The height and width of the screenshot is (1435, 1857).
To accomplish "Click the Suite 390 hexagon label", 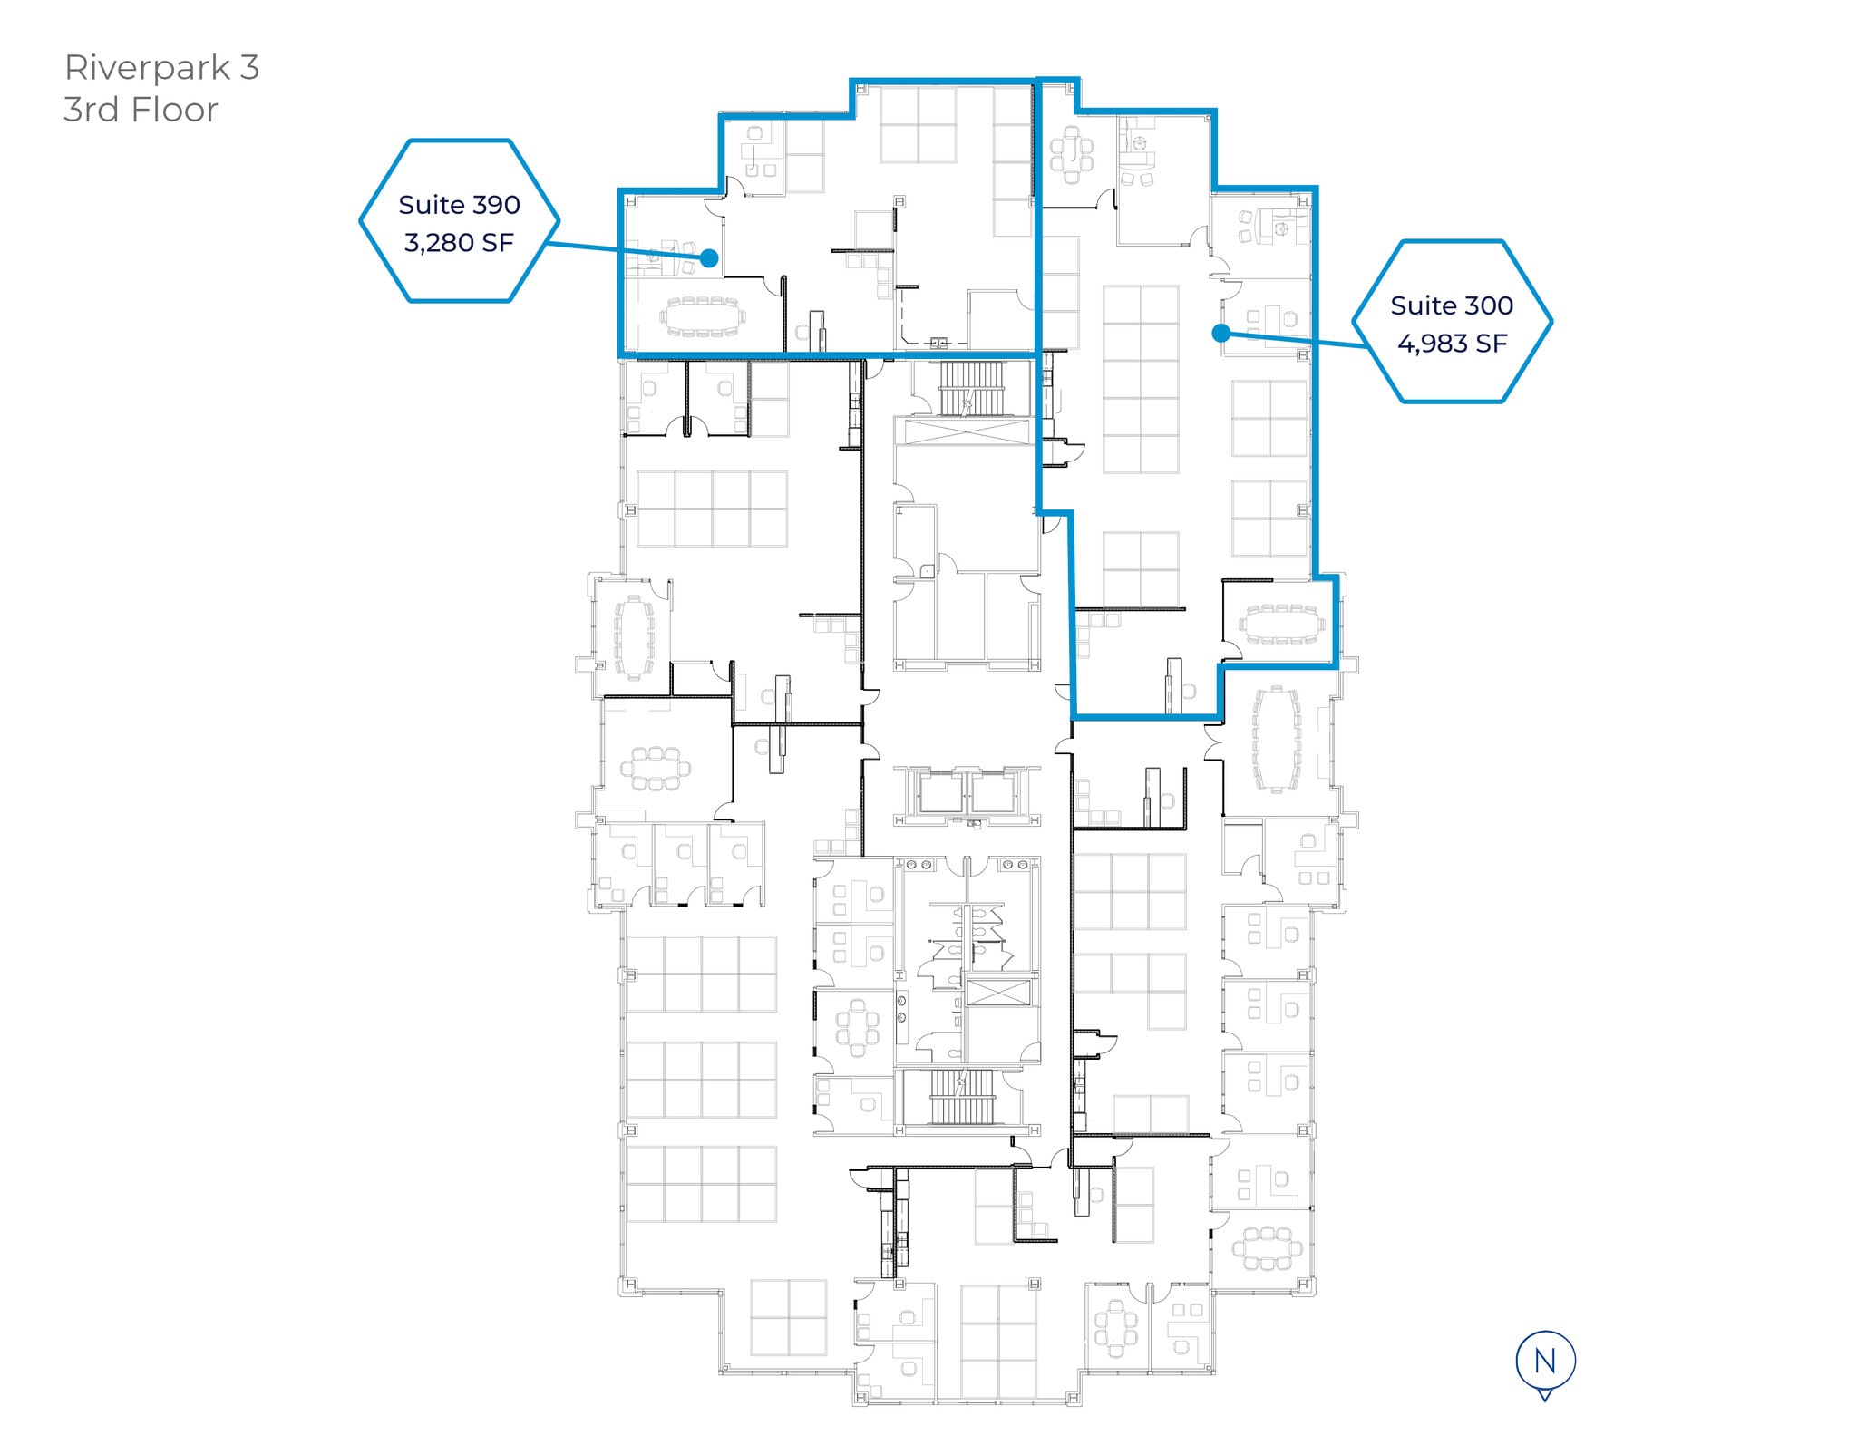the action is click(459, 220).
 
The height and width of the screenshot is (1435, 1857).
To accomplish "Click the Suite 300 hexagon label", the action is click(1452, 321).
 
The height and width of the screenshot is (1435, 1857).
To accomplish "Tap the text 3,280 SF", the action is click(459, 243).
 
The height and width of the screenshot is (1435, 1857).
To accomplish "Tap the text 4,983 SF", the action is click(1452, 344).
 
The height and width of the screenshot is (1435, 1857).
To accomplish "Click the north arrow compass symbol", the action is click(1545, 1364).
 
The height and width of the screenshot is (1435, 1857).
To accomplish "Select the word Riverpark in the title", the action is click(146, 69).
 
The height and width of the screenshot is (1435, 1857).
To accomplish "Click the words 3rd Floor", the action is click(141, 110).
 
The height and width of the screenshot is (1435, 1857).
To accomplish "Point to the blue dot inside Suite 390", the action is click(710, 258).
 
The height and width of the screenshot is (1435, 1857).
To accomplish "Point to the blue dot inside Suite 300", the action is click(1220, 333).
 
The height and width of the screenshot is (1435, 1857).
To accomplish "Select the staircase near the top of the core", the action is click(972, 389).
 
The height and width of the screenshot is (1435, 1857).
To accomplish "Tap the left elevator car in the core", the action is click(941, 792).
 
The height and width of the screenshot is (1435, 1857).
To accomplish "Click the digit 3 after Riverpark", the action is click(249, 68).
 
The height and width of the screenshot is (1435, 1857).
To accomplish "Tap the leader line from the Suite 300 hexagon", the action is click(1294, 340).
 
